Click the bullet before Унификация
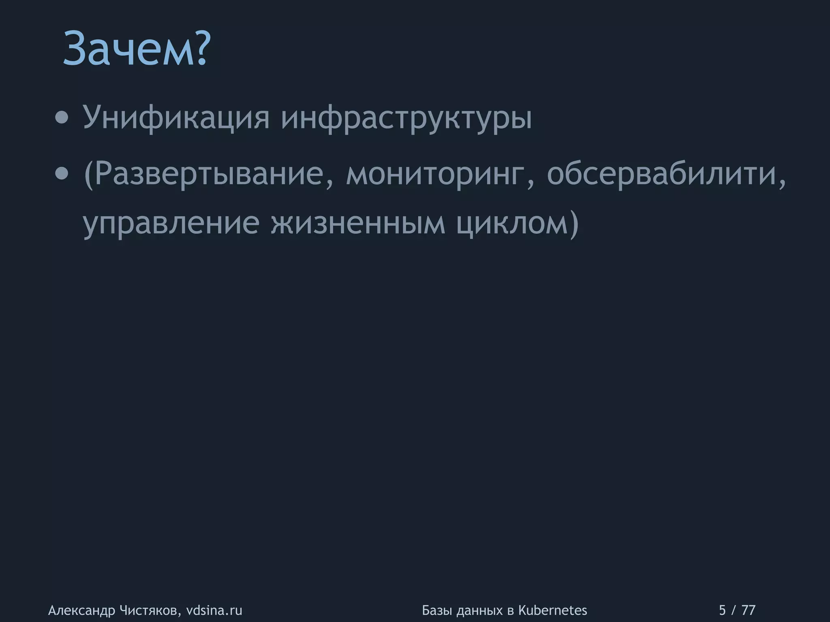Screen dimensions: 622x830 click(62, 118)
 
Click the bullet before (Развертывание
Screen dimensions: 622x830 click(62, 174)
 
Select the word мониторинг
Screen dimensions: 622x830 click(438, 175)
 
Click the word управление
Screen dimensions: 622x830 click(171, 224)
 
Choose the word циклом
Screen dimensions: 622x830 click(511, 224)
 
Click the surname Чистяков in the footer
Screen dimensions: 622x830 click(150, 610)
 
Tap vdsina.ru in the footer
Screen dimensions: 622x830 click(214, 610)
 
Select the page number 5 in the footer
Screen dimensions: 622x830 click(722, 610)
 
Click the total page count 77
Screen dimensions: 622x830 click(748, 610)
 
